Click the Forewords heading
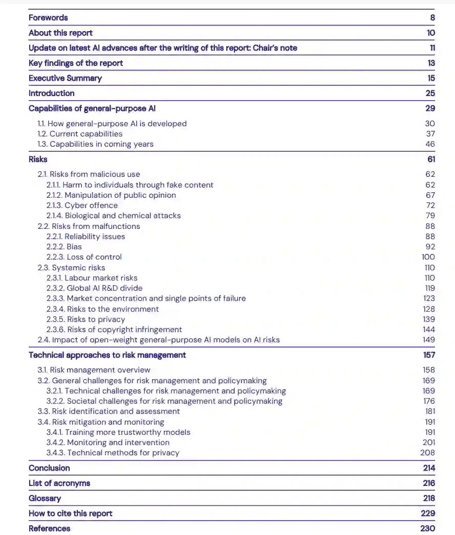pyautogui.click(x=48, y=18)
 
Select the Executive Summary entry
pyautogui.click(x=65, y=78)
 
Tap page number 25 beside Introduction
pyautogui.click(x=430, y=94)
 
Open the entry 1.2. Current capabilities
pyautogui.click(x=80, y=134)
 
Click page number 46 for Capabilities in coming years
pyautogui.click(x=430, y=144)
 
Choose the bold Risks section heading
pyautogui.click(x=38, y=159)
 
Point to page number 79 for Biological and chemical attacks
pyautogui.click(x=430, y=216)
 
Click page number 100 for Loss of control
pyautogui.click(x=428, y=257)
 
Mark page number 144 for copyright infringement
pyautogui.click(x=429, y=330)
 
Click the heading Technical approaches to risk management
pyautogui.click(x=107, y=355)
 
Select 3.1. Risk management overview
pyautogui.click(x=94, y=370)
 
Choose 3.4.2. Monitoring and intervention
pyautogui.click(x=107, y=443)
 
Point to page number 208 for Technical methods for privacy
pyautogui.click(x=427, y=453)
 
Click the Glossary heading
pyautogui.click(x=45, y=498)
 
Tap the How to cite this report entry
pyautogui.click(x=70, y=514)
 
